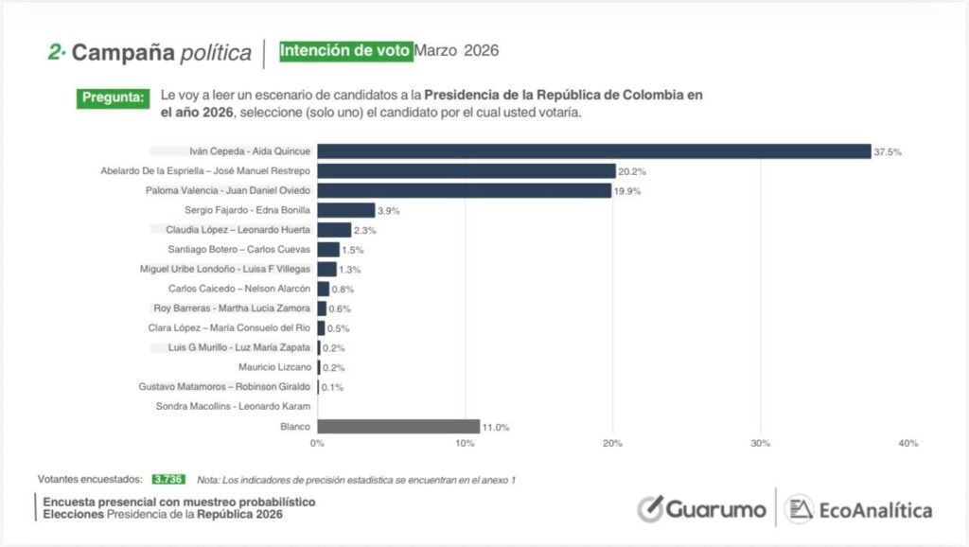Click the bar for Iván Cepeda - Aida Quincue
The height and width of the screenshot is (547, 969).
pyautogui.click(x=593, y=151)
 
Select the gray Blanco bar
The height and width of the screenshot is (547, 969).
pyautogui.click(x=398, y=427)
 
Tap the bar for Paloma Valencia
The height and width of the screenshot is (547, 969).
pyautogui.click(x=464, y=191)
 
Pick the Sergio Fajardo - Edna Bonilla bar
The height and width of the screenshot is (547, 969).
pyautogui.click(x=346, y=210)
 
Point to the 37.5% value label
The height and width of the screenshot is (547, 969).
pyautogui.click(x=888, y=152)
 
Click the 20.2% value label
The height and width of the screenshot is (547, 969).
pyautogui.click(x=632, y=171)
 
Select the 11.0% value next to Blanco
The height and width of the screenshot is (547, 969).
pyautogui.click(x=496, y=428)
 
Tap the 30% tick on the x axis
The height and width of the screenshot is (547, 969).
pyautogui.click(x=760, y=444)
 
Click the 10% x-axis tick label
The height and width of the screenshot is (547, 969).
pyautogui.click(x=465, y=444)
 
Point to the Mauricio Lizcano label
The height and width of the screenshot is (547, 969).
pyautogui.click(x=274, y=367)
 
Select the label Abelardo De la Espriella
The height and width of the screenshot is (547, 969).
pyautogui.click(x=205, y=171)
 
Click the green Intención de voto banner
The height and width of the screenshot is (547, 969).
pyautogui.click(x=345, y=50)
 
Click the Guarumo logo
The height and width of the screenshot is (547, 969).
pyautogui.click(x=701, y=508)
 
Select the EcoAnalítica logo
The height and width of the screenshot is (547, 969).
pyautogui.click(x=858, y=509)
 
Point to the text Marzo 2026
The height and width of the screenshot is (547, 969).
pyautogui.click(x=457, y=50)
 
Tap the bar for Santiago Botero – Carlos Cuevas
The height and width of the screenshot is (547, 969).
pyautogui.click(x=328, y=249)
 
